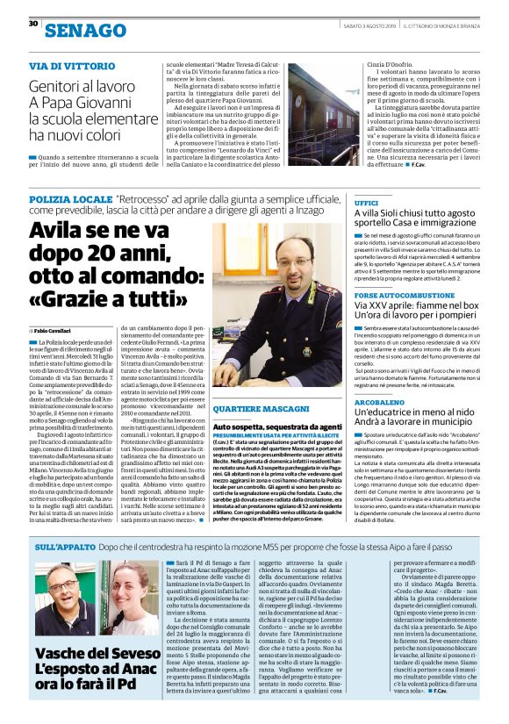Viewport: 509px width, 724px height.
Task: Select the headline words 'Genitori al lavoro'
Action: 81,87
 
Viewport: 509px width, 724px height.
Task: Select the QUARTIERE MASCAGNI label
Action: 254,411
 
